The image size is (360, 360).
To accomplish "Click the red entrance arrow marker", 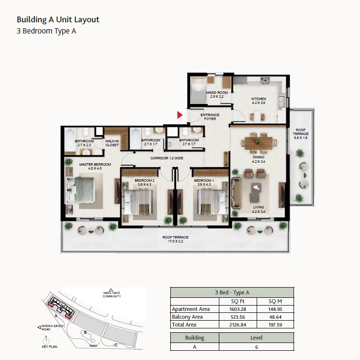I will pos(180,115).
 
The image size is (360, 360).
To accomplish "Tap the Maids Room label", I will pos(216,94).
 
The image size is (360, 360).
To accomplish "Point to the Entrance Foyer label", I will pos(210,117).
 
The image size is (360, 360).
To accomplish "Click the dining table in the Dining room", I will pos(258,142).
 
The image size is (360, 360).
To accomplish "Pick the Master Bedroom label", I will pos(95,167).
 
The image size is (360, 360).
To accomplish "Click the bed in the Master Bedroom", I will pos(85,189).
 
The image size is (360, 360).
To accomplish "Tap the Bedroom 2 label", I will pos(144,182).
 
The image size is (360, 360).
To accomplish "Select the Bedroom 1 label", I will pos(204,182).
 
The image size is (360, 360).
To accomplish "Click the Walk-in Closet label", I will pos(112,143).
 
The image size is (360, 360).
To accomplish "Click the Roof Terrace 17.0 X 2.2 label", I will pos(175,239).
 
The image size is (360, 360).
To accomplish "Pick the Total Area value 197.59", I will pos(275,325).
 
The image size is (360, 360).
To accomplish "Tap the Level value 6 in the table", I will pos(256,346).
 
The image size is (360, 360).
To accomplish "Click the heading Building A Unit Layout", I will pos(58,19).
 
